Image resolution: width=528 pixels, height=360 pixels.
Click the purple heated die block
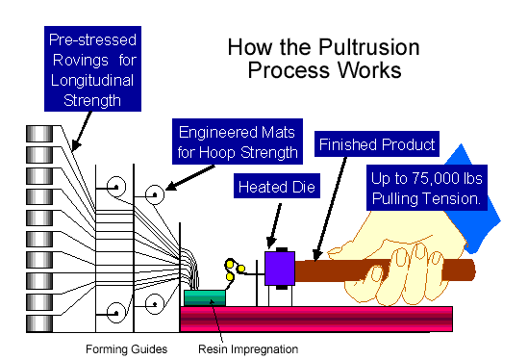coord(280,269)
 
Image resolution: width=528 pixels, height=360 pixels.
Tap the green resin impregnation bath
coord(205,298)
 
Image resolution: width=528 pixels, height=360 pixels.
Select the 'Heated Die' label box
coord(277,186)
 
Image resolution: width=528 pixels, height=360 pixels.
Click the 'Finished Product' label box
coord(377,144)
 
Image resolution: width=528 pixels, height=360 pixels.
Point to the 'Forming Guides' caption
coord(127,348)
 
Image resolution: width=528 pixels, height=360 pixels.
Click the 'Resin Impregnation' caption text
coord(248,348)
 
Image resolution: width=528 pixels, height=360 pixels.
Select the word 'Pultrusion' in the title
coord(369,47)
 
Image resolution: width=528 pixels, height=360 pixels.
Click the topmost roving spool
coord(39,134)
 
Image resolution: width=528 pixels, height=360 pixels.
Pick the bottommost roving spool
coord(39,323)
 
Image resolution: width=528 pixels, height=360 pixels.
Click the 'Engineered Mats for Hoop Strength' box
coord(238,141)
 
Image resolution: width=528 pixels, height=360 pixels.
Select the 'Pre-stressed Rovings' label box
coord(92,68)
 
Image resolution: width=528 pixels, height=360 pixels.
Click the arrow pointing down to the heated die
coord(274,225)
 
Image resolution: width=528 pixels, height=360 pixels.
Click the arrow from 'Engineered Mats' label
coord(190,178)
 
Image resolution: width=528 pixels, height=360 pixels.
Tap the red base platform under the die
coord(316,319)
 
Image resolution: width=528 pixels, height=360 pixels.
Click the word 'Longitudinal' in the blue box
coord(92,81)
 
